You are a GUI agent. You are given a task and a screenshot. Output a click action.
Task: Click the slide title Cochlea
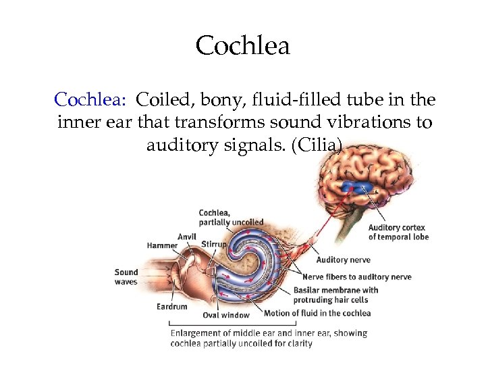[243, 46]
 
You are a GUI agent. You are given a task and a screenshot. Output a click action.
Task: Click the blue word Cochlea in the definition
[90, 100]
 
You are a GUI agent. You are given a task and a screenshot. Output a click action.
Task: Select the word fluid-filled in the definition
[285, 100]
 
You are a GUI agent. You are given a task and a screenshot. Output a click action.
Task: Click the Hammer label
[162, 245]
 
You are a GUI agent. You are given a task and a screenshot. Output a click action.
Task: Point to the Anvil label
[187, 237]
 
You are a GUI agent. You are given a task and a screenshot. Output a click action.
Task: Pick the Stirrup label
[213, 245]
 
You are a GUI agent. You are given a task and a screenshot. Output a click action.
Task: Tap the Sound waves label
[126, 277]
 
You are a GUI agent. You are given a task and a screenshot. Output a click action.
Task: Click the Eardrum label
[171, 306]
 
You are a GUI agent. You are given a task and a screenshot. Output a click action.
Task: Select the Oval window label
[225, 315]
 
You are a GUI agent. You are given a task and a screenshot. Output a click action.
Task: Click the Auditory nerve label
[343, 260]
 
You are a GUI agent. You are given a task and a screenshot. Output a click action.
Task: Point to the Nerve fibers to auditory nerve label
[356, 276]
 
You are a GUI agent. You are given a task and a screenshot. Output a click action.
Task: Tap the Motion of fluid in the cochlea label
[317, 313]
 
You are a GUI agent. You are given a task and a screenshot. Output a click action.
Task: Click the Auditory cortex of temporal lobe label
[398, 233]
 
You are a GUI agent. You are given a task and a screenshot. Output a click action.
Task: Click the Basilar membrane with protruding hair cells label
[335, 295]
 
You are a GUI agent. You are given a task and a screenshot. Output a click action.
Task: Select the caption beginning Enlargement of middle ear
[268, 338]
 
